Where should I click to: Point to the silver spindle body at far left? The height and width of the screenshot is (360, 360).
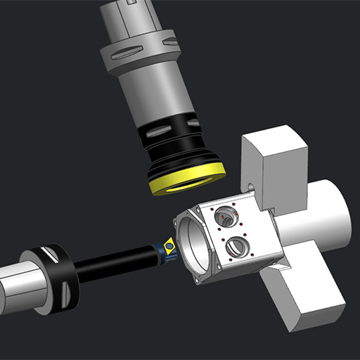18,288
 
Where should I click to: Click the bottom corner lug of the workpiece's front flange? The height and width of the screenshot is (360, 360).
201,281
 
